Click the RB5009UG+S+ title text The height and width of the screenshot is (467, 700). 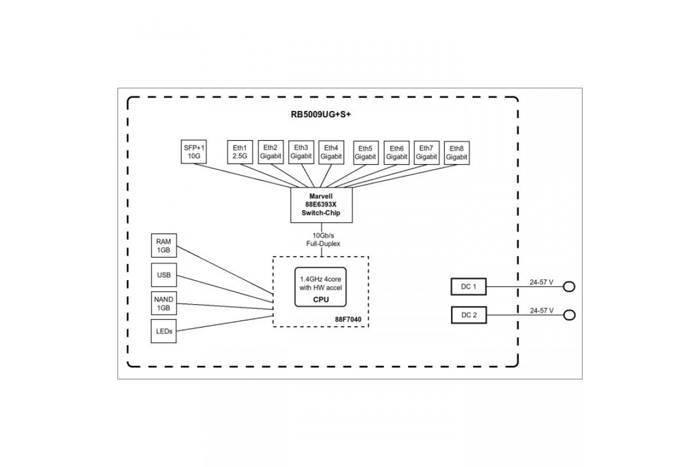point(321,114)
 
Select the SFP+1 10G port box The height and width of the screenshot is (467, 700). point(194,152)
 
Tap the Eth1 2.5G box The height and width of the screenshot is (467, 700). point(240,152)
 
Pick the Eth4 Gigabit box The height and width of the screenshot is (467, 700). point(331,152)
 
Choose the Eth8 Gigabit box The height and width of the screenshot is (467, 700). point(457,152)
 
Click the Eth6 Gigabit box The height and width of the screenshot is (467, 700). point(397,152)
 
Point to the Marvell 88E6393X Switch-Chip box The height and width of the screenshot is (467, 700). point(321,205)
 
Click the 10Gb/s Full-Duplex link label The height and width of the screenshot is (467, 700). point(323,239)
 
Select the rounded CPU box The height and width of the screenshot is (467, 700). point(321,287)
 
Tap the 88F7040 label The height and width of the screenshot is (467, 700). point(348,319)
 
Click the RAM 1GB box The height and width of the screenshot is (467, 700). point(164,246)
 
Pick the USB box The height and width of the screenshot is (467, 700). point(164,275)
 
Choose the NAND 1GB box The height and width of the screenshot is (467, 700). point(164,304)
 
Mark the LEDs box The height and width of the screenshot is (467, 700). point(164,331)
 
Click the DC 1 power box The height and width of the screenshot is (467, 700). point(469,287)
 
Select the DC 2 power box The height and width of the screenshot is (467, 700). point(469,315)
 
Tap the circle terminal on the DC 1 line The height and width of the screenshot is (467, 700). point(569,287)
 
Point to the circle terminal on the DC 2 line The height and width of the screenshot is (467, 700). point(569,315)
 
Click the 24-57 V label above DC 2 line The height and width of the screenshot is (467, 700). point(541,311)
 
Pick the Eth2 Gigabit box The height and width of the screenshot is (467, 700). point(271,152)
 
